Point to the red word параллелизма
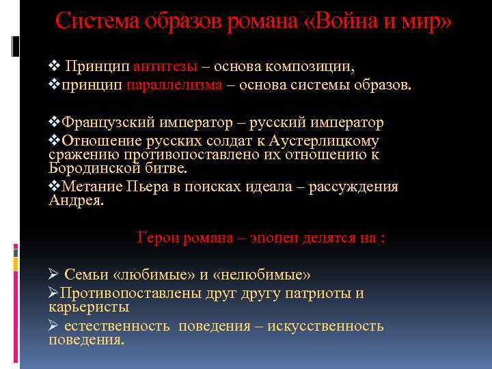click(x=183, y=85)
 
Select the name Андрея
click(x=77, y=200)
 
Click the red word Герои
click(x=156, y=238)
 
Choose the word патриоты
click(x=316, y=294)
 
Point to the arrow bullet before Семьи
click(x=55, y=275)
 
